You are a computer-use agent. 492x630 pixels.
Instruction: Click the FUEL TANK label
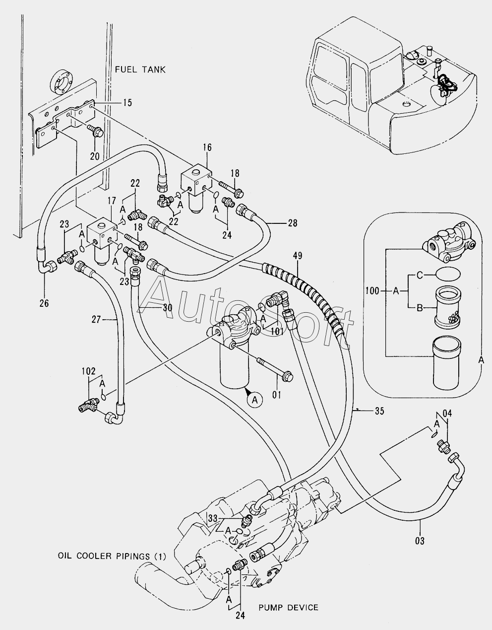tap(140, 70)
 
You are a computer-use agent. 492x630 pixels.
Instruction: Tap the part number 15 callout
tap(127, 103)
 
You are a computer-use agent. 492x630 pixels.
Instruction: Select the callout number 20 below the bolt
tap(95, 156)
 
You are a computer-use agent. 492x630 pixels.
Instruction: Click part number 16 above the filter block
tap(207, 147)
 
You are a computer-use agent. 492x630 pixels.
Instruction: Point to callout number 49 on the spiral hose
tap(298, 256)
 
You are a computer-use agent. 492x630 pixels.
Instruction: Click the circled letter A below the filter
tap(255, 400)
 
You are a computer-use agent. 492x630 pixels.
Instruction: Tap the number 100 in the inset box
tap(372, 290)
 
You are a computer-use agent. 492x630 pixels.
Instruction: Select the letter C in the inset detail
tap(420, 275)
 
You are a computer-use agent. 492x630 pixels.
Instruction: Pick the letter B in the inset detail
tap(420, 308)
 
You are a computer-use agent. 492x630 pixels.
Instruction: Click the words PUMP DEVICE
tap(289, 607)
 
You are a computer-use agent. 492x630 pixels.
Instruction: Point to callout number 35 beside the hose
tap(379, 411)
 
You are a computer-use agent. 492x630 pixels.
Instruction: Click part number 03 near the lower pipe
tap(420, 541)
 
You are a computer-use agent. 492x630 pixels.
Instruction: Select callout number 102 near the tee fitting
tap(89, 371)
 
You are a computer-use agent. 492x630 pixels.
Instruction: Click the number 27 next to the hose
tap(96, 320)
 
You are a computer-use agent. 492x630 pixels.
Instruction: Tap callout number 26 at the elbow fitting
tap(44, 303)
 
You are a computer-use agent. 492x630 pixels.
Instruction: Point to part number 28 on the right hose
tap(293, 223)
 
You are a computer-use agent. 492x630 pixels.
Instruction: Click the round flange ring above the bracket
tap(62, 82)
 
